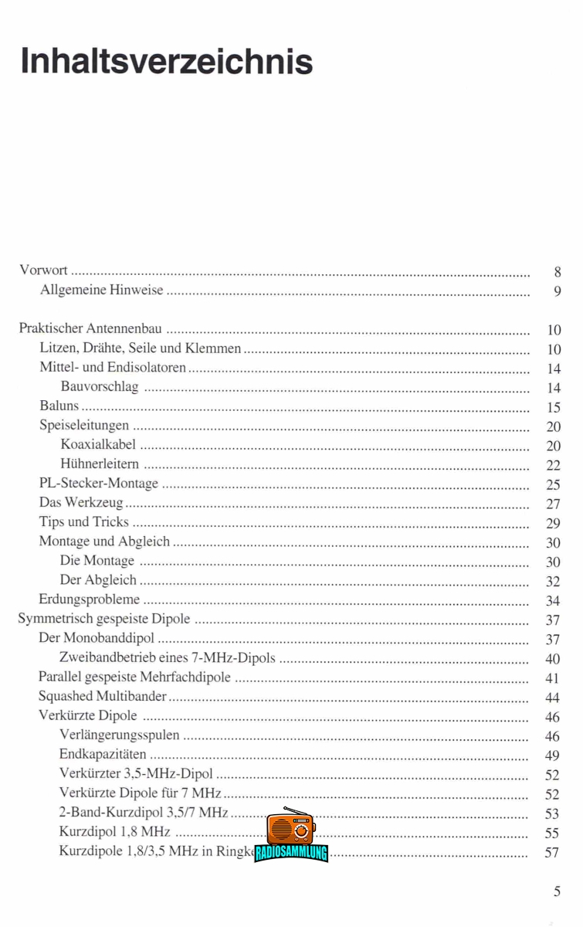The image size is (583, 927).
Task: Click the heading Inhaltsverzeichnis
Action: click(167, 60)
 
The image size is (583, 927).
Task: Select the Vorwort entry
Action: click(43, 270)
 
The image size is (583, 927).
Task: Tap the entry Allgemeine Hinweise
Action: click(101, 290)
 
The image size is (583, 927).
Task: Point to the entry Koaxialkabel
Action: click(98, 445)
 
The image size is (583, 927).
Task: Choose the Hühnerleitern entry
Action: click(100, 464)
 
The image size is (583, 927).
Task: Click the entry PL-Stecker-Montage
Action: click(98, 484)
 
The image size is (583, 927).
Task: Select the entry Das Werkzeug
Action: click(81, 503)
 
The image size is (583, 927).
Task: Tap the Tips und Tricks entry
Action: click(83, 522)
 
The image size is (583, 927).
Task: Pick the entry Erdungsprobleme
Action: click(90, 599)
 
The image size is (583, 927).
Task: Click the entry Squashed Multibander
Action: click(103, 697)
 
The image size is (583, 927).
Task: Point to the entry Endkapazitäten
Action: click(102, 755)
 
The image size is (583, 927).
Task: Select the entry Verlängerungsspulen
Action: click(119, 735)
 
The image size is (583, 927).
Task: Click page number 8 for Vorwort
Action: click(557, 272)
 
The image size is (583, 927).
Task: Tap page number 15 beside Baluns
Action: click(553, 407)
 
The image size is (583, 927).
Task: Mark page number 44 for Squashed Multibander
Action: click(553, 698)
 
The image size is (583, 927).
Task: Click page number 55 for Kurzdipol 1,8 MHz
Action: click(553, 833)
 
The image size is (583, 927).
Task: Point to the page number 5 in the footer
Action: click(557, 891)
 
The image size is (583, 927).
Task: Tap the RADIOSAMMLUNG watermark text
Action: click(291, 853)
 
